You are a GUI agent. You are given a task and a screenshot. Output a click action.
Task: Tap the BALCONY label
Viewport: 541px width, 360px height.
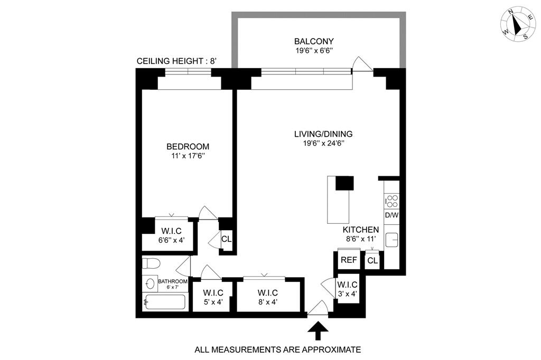(314, 41)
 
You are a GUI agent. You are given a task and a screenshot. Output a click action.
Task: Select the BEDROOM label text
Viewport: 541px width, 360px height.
(188, 146)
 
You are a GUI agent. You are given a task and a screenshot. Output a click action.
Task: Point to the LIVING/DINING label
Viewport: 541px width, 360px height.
(323, 134)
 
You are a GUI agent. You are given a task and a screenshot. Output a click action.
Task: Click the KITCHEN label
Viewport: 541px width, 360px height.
(361, 230)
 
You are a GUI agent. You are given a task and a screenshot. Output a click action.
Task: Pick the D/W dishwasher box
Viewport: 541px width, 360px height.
(391, 215)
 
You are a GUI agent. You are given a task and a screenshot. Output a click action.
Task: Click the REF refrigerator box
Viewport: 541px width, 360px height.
(348, 260)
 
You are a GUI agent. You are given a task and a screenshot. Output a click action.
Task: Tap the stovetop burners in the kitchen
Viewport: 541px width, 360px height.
(392, 201)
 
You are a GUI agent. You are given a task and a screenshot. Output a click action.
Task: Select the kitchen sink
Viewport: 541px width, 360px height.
(392, 240)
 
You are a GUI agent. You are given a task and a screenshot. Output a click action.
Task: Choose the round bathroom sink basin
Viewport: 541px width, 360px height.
(149, 284)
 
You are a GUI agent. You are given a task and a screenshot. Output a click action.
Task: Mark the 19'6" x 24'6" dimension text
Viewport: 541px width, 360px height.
(323, 143)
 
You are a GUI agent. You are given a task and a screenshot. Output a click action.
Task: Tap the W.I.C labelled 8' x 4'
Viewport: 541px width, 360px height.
(268, 297)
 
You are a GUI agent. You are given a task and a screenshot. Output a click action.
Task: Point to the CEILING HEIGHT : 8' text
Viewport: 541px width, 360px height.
(176, 61)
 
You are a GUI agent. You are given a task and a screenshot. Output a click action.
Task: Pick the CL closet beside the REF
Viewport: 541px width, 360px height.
(372, 260)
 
